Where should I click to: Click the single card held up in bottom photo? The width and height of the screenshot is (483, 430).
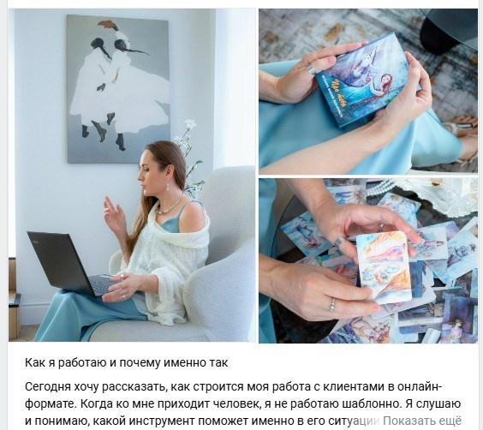(x=384, y=265)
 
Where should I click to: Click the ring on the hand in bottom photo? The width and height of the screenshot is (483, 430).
(x=331, y=304)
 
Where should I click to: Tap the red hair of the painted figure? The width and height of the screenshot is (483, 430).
(x=108, y=26)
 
